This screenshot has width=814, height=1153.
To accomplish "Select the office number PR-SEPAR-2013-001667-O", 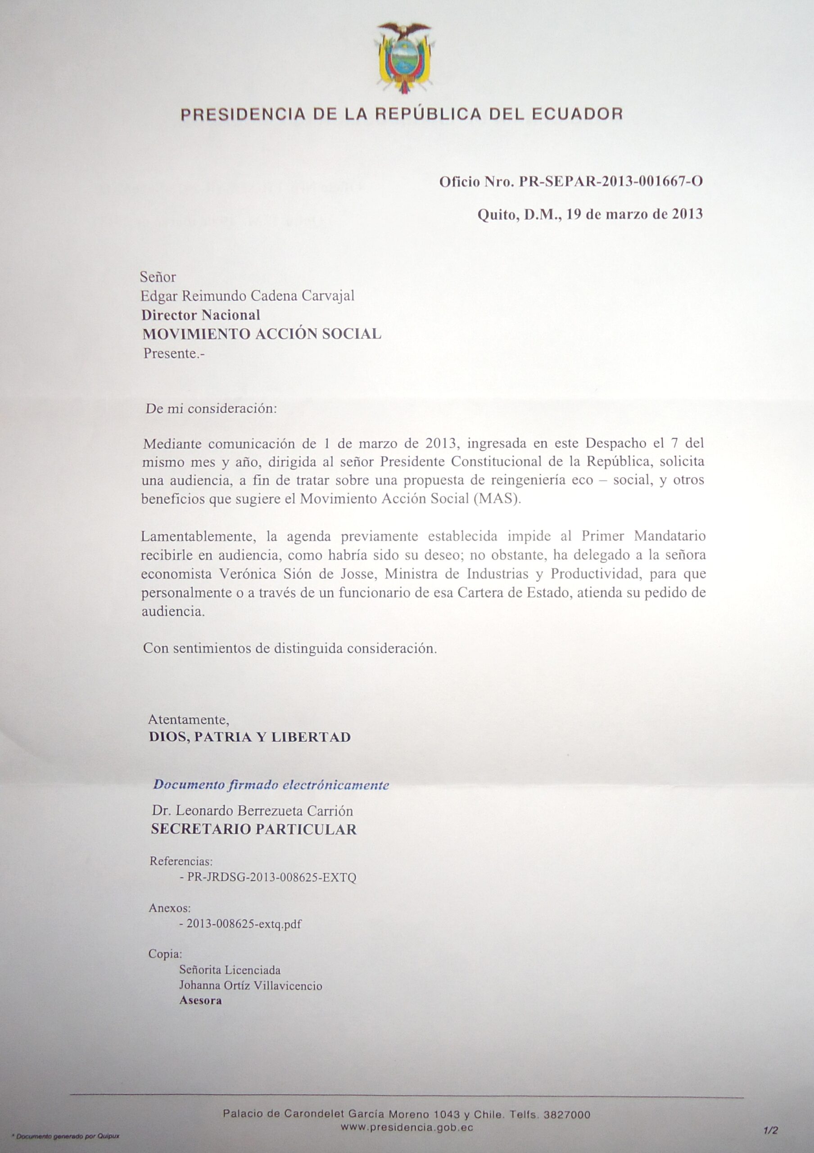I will click(610, 182).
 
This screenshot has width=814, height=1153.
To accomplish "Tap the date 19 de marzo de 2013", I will click(634, 215).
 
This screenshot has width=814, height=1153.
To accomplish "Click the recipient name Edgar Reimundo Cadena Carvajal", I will click(248, 296).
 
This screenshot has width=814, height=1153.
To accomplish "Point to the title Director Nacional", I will click(201, 315).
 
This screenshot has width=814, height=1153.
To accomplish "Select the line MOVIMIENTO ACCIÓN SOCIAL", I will click(262, 334).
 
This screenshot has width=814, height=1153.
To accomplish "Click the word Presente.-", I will click(174, 354).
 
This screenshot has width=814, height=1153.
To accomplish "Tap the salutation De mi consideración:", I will click(211, 408).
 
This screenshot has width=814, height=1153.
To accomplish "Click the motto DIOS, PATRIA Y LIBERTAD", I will click(250, 737).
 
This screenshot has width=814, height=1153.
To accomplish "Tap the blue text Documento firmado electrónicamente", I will click(271, 785).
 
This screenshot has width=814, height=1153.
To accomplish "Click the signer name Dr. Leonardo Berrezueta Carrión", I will click(253, 811).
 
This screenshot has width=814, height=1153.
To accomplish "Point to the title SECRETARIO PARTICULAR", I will click(254, 829).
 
